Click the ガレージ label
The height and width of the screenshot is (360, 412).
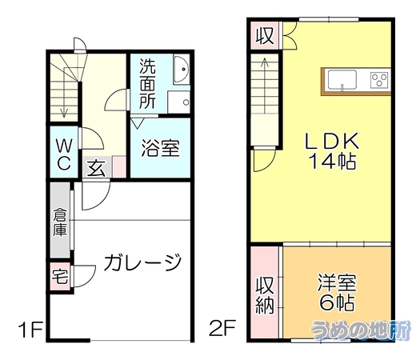point(143,263)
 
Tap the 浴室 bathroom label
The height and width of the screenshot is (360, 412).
point(161,148)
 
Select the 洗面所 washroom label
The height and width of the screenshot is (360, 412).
point(147,84)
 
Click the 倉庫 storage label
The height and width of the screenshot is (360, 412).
point(60,222)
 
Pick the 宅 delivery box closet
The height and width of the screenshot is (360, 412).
point(60,278)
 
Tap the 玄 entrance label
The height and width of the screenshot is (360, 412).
point(96,168)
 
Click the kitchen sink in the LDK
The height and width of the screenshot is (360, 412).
point(342,79)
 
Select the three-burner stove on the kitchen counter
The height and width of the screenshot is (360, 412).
point(380,80)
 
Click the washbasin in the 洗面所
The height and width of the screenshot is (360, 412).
point(182,70)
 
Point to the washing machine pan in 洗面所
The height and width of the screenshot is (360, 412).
point(178,102)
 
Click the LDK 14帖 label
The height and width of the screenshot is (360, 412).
point(332,151)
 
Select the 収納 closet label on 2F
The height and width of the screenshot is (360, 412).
point(265,295)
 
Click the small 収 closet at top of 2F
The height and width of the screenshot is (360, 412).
point(265,35)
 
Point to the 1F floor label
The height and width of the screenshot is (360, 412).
point(30,330)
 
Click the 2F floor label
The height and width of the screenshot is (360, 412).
point(222,328)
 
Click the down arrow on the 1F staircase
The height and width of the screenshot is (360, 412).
point(64,92)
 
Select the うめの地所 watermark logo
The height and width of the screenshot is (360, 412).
point(361,330)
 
